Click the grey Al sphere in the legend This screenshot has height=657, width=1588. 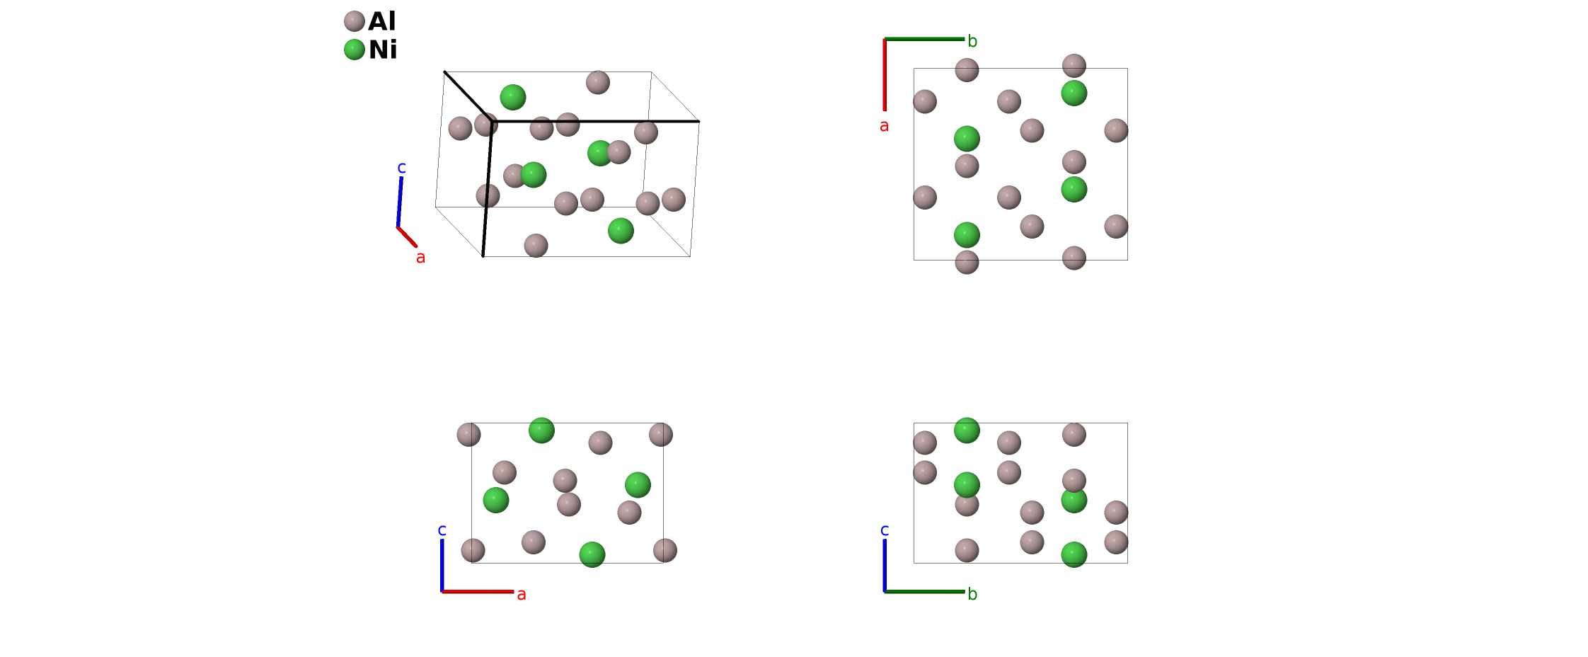(354, 21)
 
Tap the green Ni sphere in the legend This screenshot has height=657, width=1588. (354, 50)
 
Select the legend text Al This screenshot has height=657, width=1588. (382, 21)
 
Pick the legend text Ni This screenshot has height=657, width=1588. (383, 50)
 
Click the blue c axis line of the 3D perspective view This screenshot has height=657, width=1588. (400, 202)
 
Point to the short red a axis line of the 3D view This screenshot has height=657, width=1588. (407, 237)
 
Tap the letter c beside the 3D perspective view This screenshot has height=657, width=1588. (401, 168)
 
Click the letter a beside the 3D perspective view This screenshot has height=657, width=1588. (420, 258)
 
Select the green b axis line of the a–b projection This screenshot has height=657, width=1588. (924, 39)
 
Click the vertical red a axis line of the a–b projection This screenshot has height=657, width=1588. (885, 74)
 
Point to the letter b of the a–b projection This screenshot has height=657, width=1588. (972, 42)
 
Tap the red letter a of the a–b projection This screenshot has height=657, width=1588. (884, 126)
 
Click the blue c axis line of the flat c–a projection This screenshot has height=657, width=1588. (442, 565)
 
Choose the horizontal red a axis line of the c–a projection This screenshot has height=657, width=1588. (478, 591)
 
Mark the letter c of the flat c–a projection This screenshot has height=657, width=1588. (442, 530)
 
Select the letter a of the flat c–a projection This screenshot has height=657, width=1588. (522, 595)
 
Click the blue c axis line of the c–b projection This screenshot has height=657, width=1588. (885, 565)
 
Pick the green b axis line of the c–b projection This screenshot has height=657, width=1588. (924, 591)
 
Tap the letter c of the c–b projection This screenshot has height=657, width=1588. (884, 530)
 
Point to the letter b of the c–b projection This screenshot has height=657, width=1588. (972, 594)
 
